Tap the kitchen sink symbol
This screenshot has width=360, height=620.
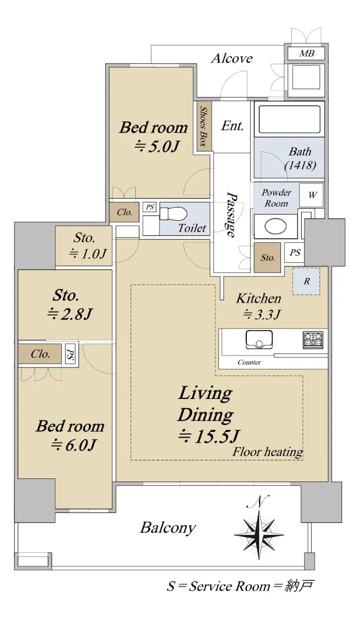pyautogui.click(x=259, y=339)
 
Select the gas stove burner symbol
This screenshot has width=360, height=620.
pyautogui.click(x=313, y=339)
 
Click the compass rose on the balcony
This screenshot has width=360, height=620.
pyautogui.click(x=259, y=535)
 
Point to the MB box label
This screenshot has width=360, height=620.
pyautogui.click(x=307, y=53)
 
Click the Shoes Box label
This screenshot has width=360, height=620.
pyautogui.click(x=204, y=127)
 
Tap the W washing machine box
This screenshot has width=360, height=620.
pyautogui.click(x=311, y=195)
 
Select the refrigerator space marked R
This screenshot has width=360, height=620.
pyautogui.click(x=306, y=281)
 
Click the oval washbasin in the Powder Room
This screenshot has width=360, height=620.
pyautogui.click(x=275, y=226)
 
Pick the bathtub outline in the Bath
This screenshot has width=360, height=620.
pyautogui.click(x=289, y=119)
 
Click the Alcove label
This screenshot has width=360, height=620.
pyautogui.click(x=232, y=58)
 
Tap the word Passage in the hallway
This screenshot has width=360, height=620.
pyautogui.click(x=231, y=214)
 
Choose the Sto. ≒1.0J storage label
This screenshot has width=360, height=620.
pyautogui.click(x=87, y=245)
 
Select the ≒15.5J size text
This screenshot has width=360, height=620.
pyautogui.click(x=209, y=437)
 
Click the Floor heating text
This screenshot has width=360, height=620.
pyautogui.click(x=268, y=452)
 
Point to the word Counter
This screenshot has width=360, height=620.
pyautogui.click(x=249, y=362)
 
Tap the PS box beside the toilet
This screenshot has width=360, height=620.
pyautogui.click(x=150, y=207)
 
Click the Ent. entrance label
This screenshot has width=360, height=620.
pyautogui.click(x=232, y=126)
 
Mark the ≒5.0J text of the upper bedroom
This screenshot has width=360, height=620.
pyautogui.click(x=156, y=146)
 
